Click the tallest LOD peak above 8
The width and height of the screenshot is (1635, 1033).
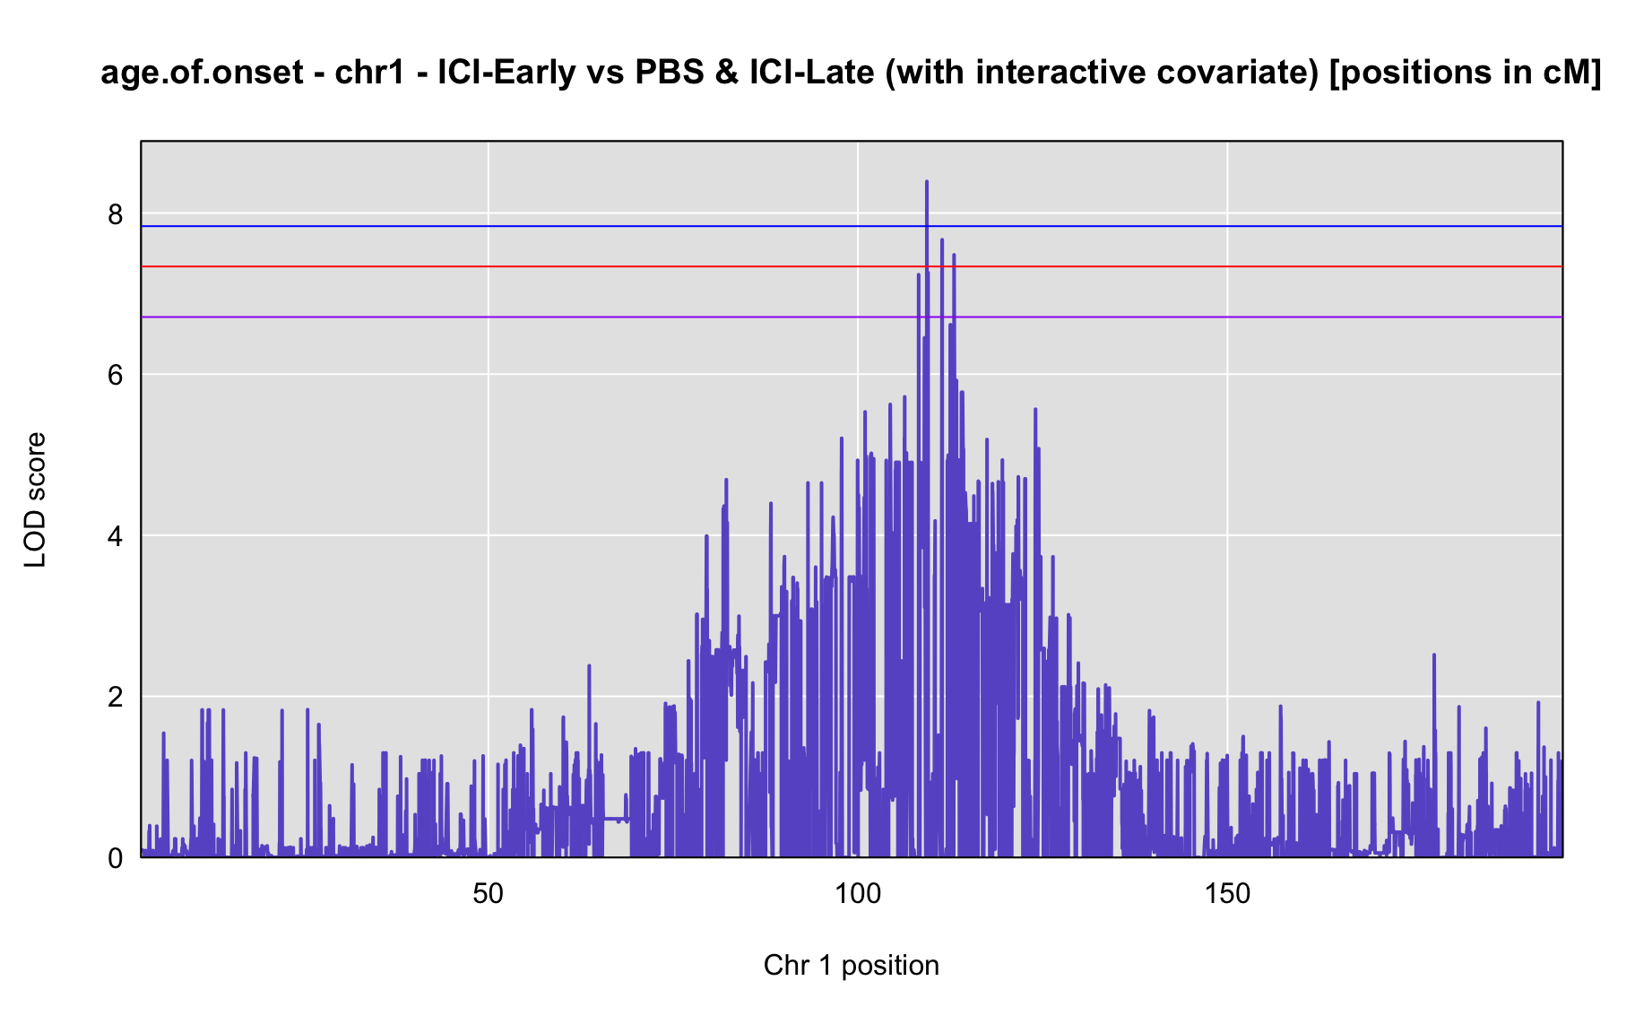926,183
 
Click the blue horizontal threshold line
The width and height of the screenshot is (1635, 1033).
852,226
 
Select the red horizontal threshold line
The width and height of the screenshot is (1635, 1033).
852,266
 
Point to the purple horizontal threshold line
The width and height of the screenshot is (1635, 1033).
852,317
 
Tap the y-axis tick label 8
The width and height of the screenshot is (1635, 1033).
115,214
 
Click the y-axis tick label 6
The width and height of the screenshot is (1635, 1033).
115,375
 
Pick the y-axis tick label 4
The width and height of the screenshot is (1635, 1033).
115,536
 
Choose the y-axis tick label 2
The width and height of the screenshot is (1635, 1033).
115,697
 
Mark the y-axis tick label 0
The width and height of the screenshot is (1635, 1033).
115,858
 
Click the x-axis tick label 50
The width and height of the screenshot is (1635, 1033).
488,894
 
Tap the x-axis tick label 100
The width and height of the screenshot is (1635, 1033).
858,894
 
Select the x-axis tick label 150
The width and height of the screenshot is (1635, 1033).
1227,894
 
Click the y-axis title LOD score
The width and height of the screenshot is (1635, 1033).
35,499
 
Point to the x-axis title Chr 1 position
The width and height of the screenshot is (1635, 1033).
852,965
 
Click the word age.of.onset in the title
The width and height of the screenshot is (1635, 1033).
202,73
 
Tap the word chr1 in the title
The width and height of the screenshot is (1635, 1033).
368,73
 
